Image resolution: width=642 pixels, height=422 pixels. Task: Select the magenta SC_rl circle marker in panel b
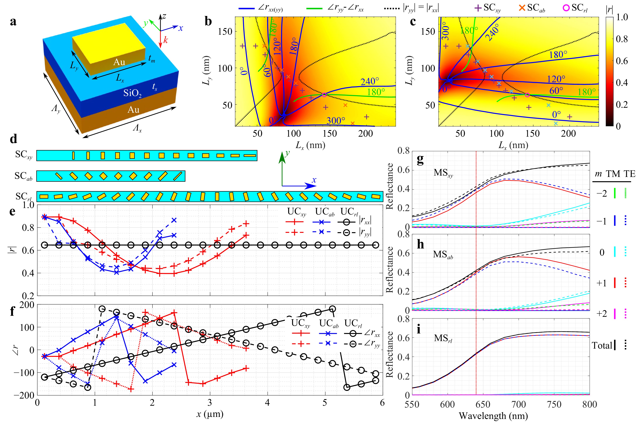pos(324,95)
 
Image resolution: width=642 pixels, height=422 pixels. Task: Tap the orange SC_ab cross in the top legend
pos(522,8)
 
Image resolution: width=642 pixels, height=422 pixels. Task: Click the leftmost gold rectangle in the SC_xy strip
pos(73,156)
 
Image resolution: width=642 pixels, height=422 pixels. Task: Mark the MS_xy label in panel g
pos(443,173)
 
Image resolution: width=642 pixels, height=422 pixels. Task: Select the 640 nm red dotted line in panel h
pos(476,273)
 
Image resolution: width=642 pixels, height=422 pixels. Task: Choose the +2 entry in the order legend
pos(602,314)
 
